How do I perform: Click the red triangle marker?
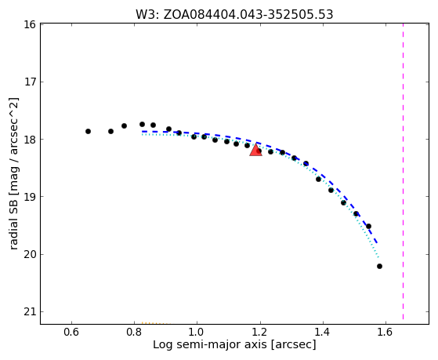255,150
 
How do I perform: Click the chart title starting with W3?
234,14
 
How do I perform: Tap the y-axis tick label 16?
30,24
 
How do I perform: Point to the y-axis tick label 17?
30,82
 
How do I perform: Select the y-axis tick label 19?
30,197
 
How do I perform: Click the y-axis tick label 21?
30,311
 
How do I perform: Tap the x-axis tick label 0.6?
71,332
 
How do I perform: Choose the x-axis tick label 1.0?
197,332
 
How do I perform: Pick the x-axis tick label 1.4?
323,332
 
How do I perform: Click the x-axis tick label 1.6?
386,332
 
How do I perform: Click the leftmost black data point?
88,131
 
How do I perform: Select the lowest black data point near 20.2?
379,267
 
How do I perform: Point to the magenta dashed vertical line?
403,172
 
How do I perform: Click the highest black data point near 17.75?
142,124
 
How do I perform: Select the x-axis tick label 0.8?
134,332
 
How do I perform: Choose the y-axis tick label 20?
30,254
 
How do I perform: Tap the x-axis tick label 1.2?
260,332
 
